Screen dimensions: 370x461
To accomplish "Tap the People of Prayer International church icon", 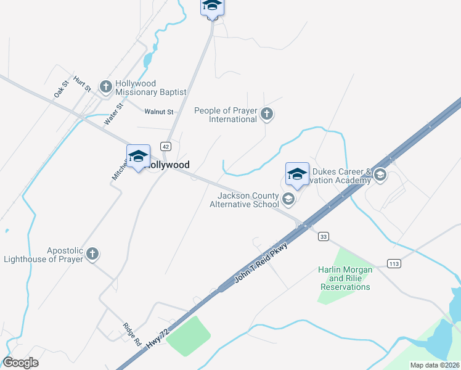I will pos(266,114).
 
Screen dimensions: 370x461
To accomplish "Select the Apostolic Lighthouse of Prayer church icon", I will pos(92,253).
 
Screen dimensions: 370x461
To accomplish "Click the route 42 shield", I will pos(165,146).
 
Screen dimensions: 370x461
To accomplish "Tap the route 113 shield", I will pos(394,263).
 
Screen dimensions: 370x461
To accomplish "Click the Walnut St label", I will pos(160,112).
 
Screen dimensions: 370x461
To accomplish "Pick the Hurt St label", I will pos(82,84).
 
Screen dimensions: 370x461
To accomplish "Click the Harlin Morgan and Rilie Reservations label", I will pos(345,278).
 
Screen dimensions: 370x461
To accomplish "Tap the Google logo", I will pos(20,363).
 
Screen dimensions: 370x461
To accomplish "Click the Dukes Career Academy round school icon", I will pos(380,175).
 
